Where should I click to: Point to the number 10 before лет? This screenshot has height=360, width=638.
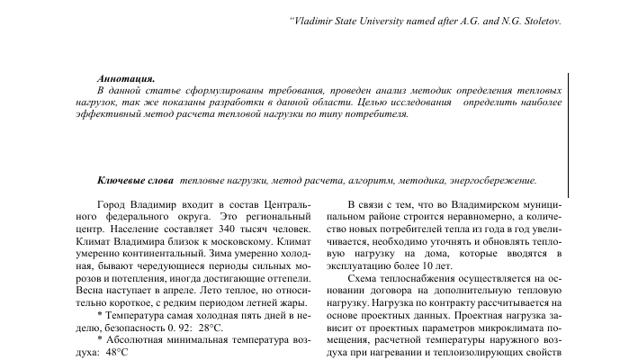tap(421, 267)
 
